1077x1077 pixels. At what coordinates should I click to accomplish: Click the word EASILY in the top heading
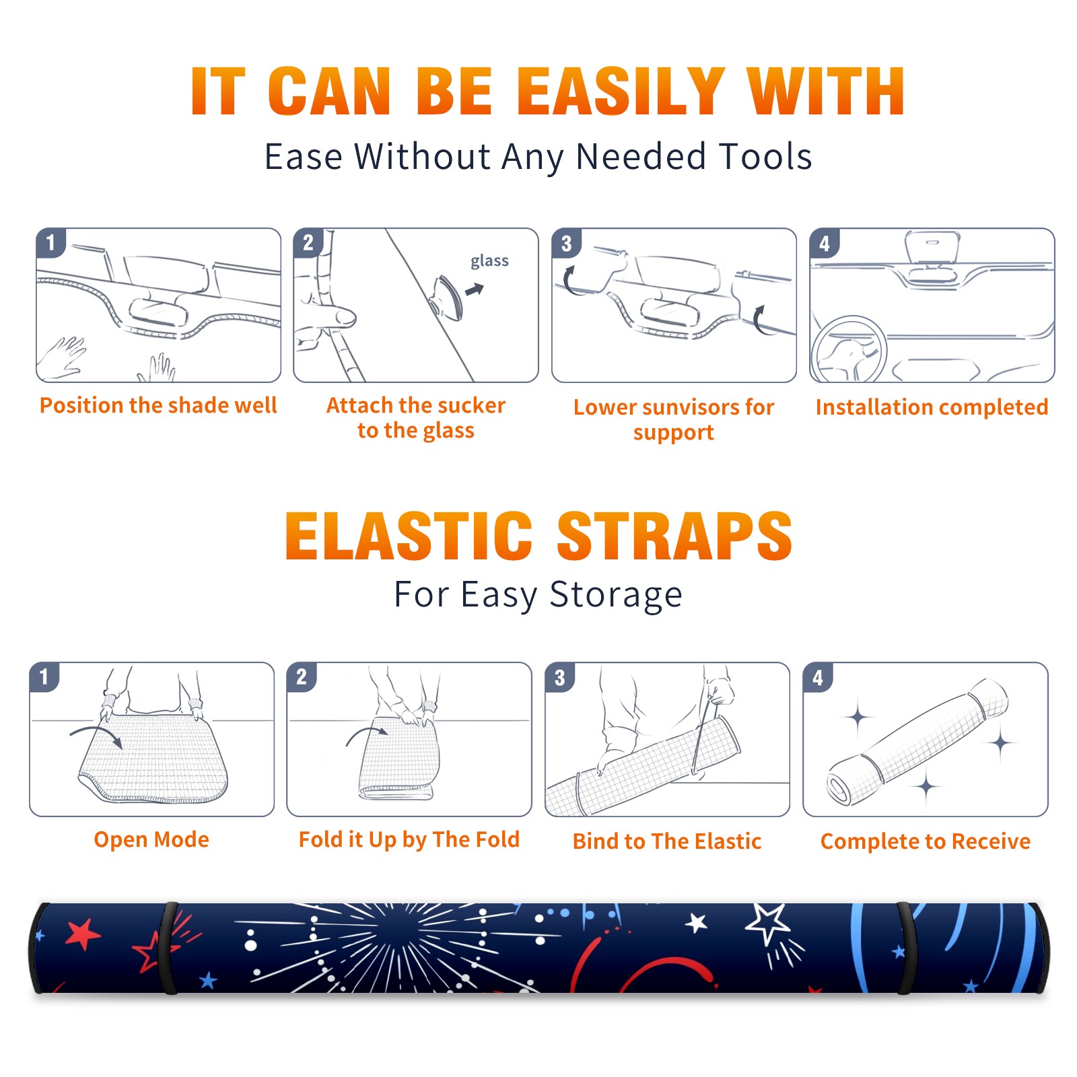[x=621, y=92]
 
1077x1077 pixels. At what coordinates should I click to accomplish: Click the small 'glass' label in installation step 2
[x=489, y=261]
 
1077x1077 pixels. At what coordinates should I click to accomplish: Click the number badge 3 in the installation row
[x=566, y=244]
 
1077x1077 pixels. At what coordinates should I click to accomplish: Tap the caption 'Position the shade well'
[x=158, y=405]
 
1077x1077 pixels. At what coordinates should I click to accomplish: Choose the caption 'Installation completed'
[x=932, y=407]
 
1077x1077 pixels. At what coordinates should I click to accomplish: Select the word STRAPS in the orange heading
[x=674, y=536]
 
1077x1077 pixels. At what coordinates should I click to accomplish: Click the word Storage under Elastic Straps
[x=616, y=595]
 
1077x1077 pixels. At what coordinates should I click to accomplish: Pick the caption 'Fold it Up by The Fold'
[x=409, y=840]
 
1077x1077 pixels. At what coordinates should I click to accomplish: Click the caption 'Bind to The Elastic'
[x=667, y=841]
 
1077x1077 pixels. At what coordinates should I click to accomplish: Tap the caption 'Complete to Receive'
[x=926, y=841]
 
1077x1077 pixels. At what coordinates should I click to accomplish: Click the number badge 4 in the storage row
[x=818, y=678]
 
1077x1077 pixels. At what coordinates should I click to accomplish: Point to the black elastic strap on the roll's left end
[x=168, y=948]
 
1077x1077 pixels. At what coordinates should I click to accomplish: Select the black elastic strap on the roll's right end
[x=907, y=948]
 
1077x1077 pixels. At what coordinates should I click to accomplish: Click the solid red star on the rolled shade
[x=83, y=935]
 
